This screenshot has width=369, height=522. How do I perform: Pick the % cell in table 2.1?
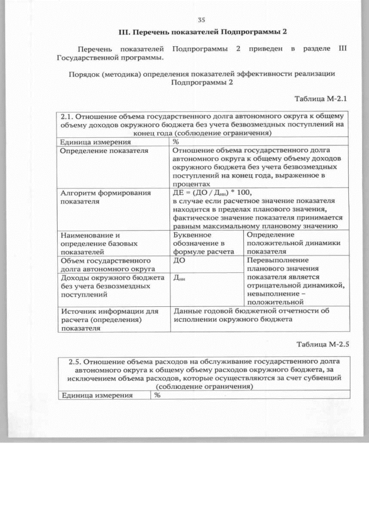(176, 141)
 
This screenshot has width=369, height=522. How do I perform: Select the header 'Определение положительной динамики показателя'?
(280, 243)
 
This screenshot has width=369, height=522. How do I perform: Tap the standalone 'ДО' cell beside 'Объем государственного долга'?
(179, 261)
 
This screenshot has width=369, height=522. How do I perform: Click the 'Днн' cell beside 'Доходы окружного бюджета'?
(180, 279)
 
